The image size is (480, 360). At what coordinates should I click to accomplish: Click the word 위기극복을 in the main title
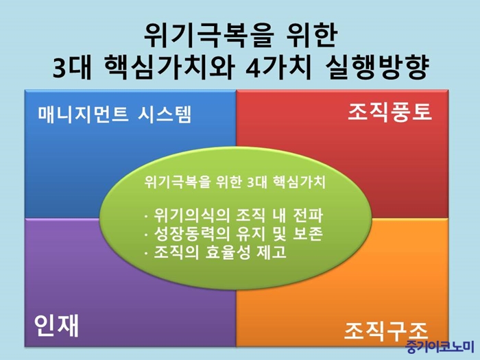(x=208, y=36)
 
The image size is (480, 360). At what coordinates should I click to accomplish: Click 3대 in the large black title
(x=72, y=67)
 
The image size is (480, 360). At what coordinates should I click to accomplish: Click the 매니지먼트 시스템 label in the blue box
(x=115, y=115)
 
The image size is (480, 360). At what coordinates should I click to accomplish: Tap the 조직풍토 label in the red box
(x=389, y=112)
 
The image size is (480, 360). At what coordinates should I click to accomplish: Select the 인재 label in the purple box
(x=56, y=325)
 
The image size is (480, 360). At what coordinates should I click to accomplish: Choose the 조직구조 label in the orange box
(x=386, y=331)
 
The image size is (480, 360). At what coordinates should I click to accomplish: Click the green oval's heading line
(x=235, y=182)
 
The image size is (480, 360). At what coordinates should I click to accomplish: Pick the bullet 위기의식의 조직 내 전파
(x=234, y=215)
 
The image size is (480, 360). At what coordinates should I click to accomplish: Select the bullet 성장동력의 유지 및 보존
(x=234, y=234)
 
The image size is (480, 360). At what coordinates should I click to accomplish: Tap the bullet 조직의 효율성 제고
(x=215, y=252)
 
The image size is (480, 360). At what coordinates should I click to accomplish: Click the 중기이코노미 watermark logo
(x=440, y=347)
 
